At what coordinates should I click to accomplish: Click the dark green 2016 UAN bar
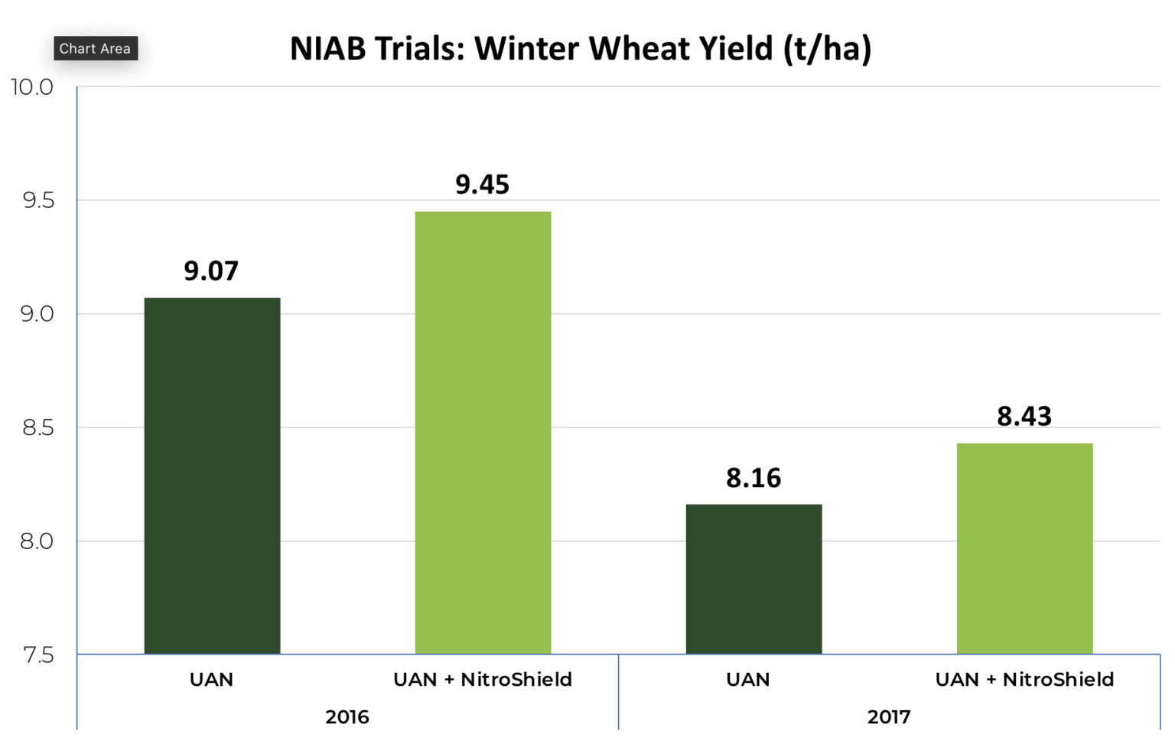(212, 476)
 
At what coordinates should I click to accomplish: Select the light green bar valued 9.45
(483, 433)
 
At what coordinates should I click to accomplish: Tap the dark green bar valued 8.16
(753, 579)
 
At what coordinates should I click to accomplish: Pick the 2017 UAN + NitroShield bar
(1024, 548)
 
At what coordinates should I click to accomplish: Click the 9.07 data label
(211, 271)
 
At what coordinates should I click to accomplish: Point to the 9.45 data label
(482, 184)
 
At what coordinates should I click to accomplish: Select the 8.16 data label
(753, 478)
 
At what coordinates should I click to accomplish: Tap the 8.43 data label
(1024, 416)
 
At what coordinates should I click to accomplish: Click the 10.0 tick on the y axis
(32, 87)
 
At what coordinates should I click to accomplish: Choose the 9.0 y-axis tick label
(37, 314)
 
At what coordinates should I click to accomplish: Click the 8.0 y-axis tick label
(37, 541)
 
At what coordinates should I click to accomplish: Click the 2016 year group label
(347, 717)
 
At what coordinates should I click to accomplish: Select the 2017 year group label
(889, 717)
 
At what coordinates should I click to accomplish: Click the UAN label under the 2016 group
(211, 680)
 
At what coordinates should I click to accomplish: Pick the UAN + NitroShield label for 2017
(1024, 680)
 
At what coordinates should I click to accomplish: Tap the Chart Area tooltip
(95, 48)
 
